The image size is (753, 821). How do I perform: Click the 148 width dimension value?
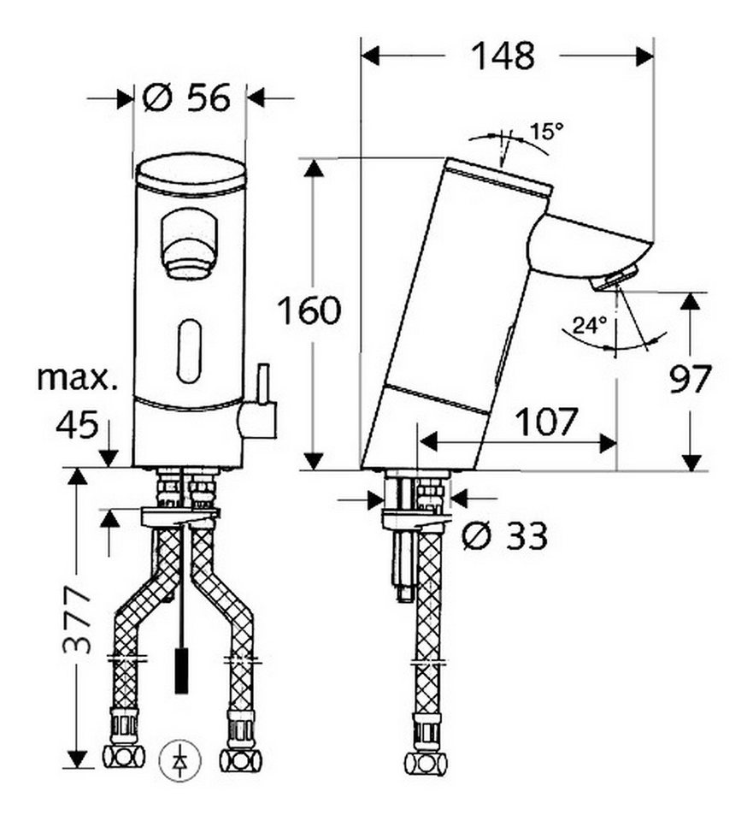point(503,56)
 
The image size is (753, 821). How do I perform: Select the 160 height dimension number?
point(309,310)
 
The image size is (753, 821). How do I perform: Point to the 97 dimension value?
point(691,379)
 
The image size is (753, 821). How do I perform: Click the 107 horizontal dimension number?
point(547,422)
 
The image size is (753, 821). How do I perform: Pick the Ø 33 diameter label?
point(505,535)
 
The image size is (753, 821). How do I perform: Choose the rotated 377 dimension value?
point(77,621)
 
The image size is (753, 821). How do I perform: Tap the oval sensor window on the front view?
point(189,351)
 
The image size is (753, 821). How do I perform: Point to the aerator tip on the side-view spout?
point(614,277)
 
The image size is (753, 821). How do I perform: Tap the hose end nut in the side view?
point(426,747)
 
